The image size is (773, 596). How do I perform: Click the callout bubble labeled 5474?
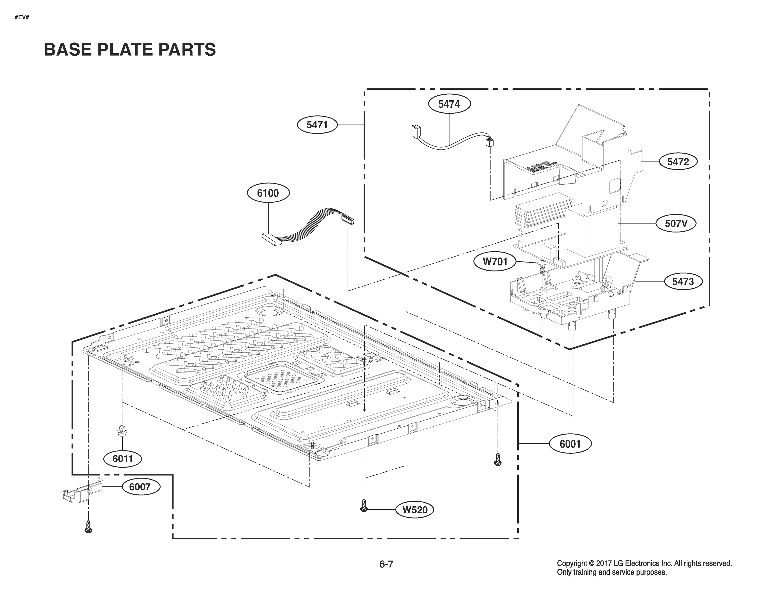pyautogui.click(x=449, y=104)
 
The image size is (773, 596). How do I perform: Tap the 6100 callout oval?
pyautogui.click(x=268, y=193)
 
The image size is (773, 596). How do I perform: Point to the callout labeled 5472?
pyautogui.click(x=678, y=162)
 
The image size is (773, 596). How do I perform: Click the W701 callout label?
pyautogui.click(x=495, y=262)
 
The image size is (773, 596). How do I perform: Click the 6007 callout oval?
pyautogui.click(x=140, y=487)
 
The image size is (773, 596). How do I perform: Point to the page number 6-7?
pyautogui.click(x=386, y=564)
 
